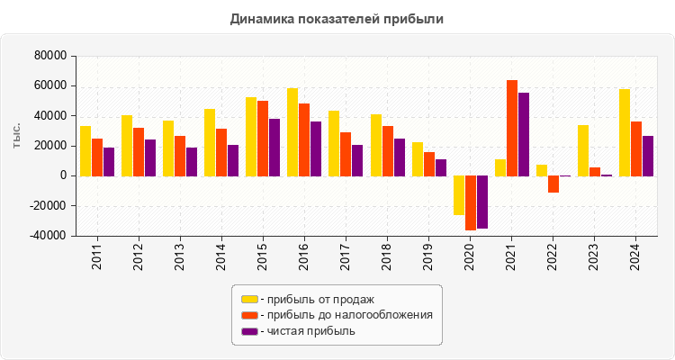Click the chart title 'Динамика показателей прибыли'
point(337,18)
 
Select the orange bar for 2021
point(512,128)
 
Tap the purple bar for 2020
point(482,202)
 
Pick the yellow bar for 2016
point(292,131)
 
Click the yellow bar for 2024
point(625,132)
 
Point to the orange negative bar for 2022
point(553,184)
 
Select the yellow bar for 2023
point(583,150)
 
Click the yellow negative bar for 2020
point(459,195)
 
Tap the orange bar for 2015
point(263,138)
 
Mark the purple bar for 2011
point(109,161)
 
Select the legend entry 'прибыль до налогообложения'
point(346,315)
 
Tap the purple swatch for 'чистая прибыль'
point(249,331)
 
